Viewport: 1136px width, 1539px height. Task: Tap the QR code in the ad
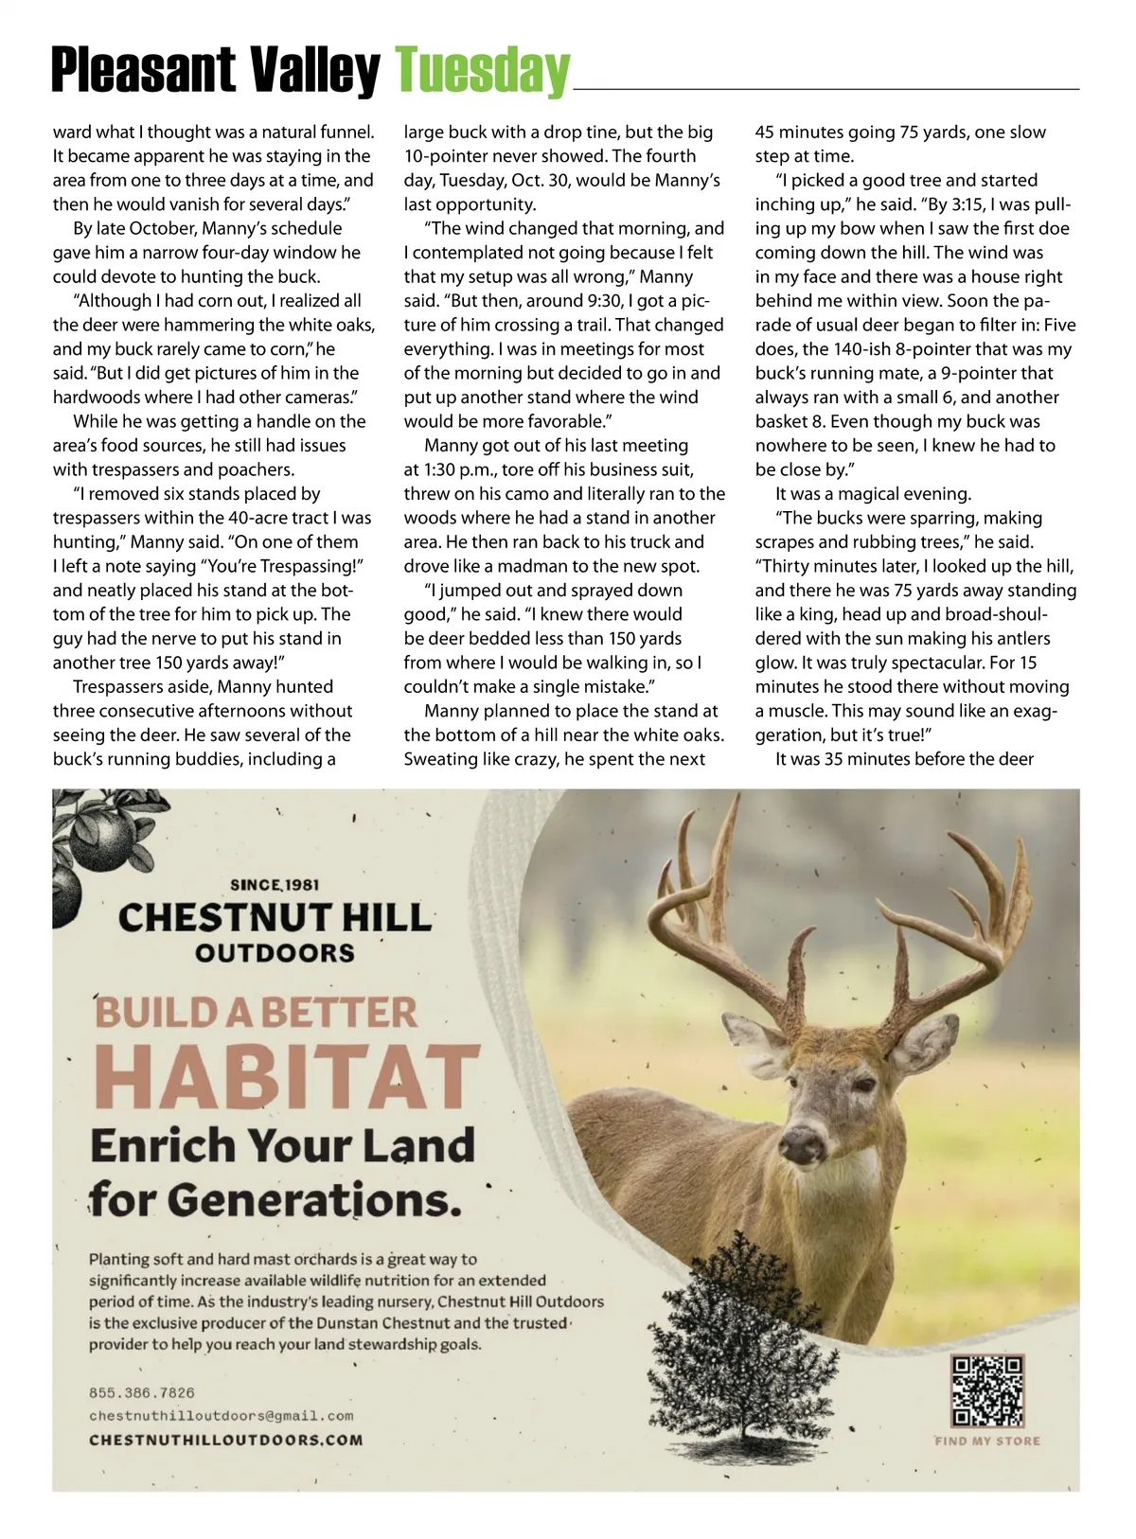click(x=986, y=1390)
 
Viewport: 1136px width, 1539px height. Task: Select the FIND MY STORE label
click(x=986, y=1441)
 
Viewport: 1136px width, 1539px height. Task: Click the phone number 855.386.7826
click(x=142, y=1392)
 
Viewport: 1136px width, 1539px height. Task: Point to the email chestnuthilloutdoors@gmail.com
click(x=221, y=1416)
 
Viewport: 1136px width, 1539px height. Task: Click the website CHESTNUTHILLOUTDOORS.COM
click(x=225, y=1440)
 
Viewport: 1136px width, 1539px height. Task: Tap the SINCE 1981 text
click(x=275, y=885)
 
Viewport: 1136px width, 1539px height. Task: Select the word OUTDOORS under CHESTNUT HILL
click(x=275, y=952)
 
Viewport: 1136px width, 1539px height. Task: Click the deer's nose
click(x=802, y=1142)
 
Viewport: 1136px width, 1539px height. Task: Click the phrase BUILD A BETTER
click(x=256, y=1012)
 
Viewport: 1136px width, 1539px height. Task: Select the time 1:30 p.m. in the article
click(x=457, y=469)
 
